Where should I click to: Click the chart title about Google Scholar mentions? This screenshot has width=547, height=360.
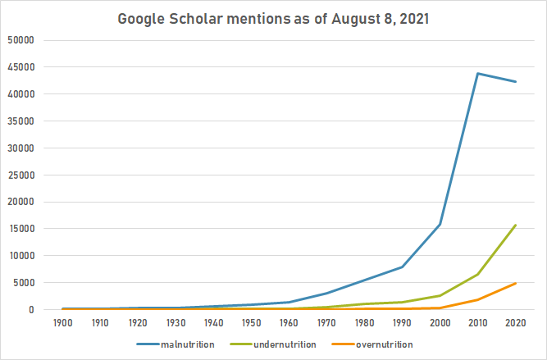tap(274, 17)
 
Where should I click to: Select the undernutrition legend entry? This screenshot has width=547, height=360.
tap(278, 344)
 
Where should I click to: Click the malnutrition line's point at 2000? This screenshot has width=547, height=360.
tap(440, 224)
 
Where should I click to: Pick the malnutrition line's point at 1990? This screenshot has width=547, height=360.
tap(403, 267)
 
